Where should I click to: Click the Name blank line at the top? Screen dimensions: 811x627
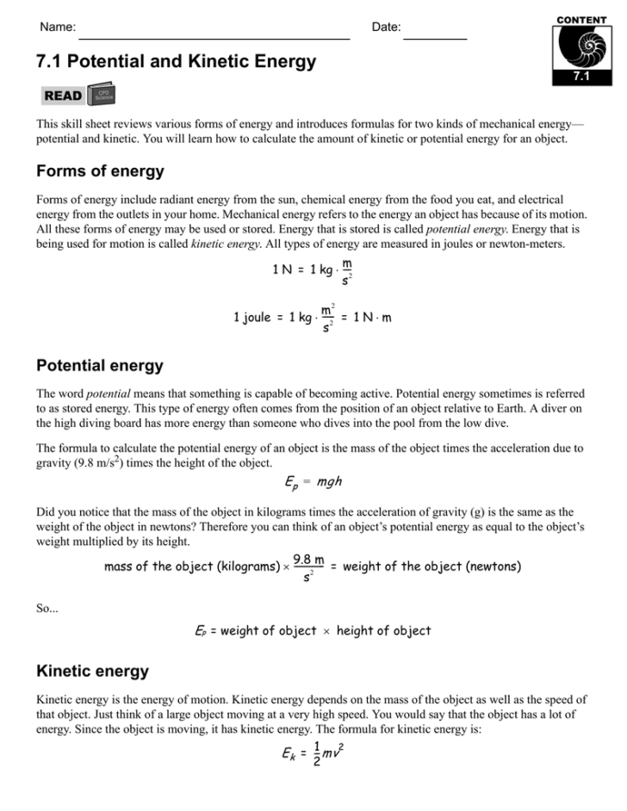tap(214, 38)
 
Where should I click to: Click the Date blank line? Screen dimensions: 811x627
tap(435, 38)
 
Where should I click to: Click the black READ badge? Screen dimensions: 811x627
tap(63, 96)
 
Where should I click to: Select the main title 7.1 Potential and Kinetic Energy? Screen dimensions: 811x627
tap(176, 63)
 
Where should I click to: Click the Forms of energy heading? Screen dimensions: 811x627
tap(100, 171)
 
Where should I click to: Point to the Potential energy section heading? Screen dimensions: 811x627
tap(100, 366)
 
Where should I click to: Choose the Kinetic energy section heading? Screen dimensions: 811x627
tap(92, 671)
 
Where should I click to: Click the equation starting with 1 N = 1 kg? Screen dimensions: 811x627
tap(312, 271)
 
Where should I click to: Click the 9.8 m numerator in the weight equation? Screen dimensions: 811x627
tap(308, 560)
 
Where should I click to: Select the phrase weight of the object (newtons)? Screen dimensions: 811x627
tap(431, 566)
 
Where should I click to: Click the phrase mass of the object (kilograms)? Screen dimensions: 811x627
tap(193, 566)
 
